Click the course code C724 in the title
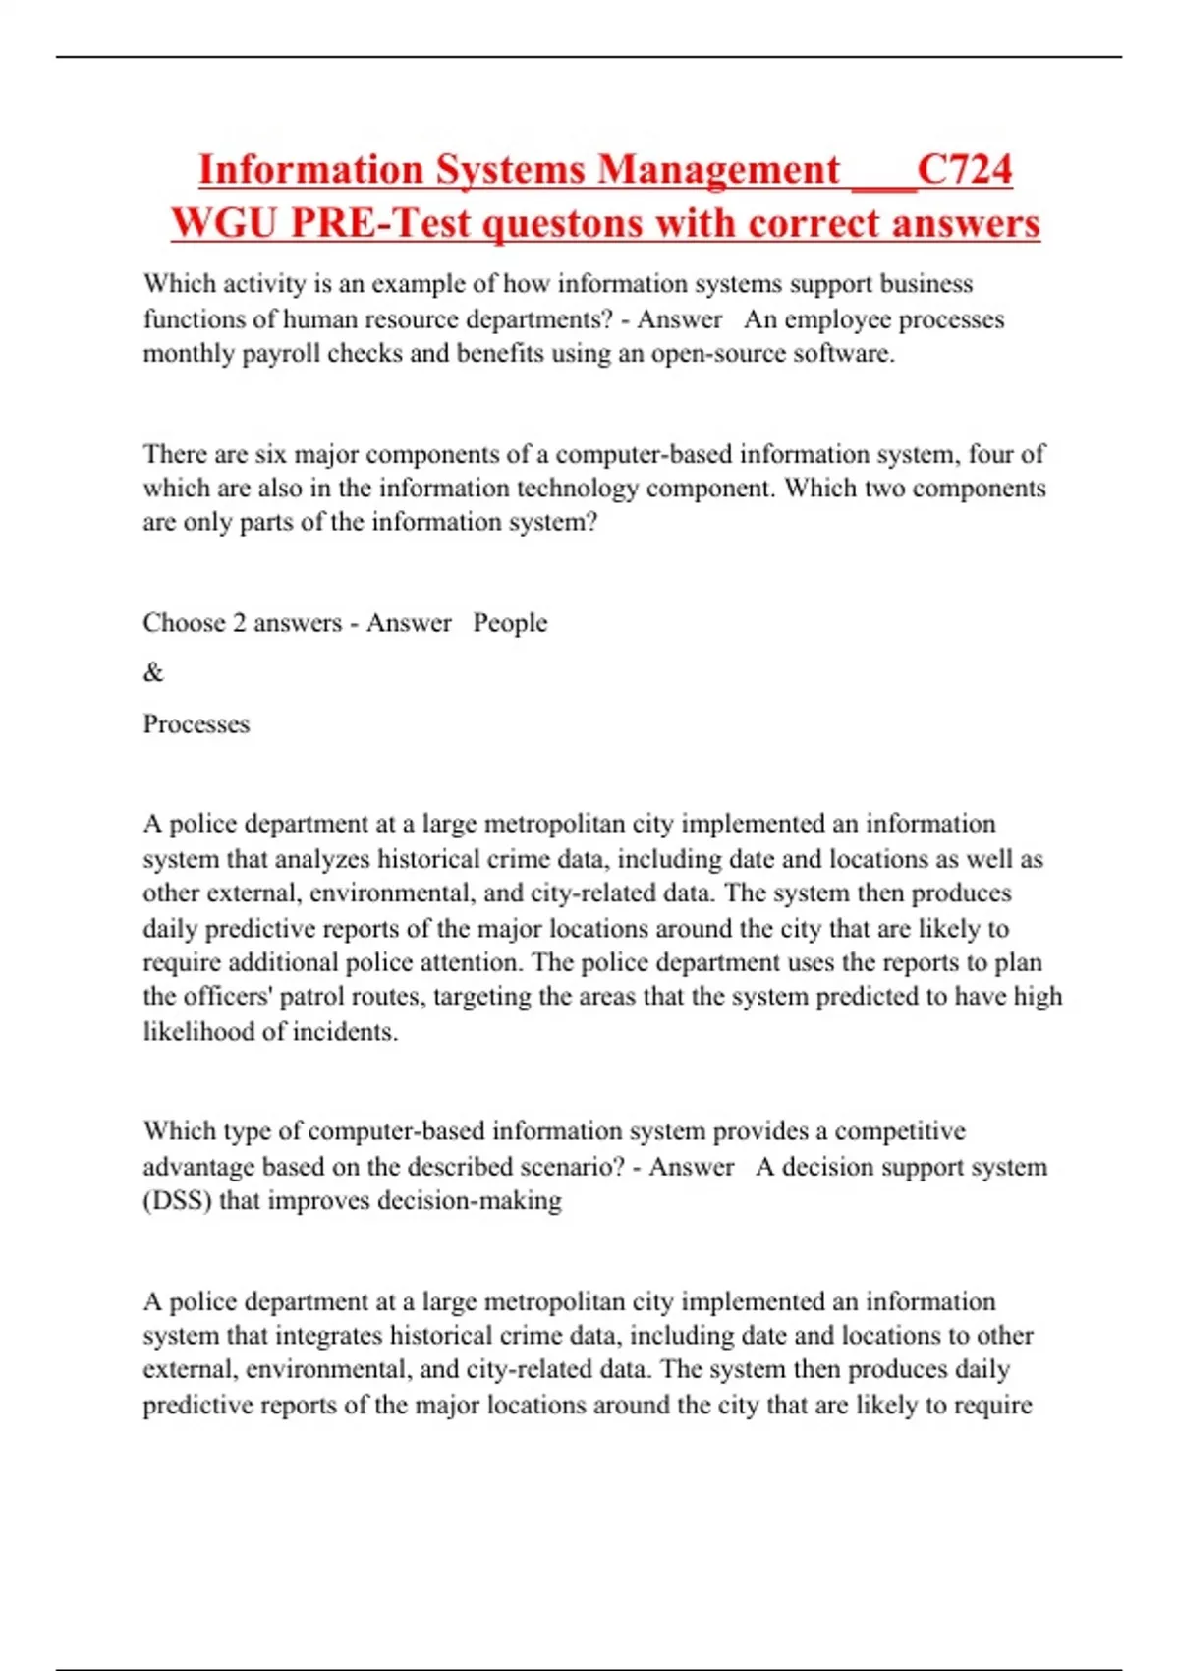point(964,169)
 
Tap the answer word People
point(510,623)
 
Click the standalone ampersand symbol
point(153,673)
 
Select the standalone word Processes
point(196,724)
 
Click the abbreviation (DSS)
point(177,1201)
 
